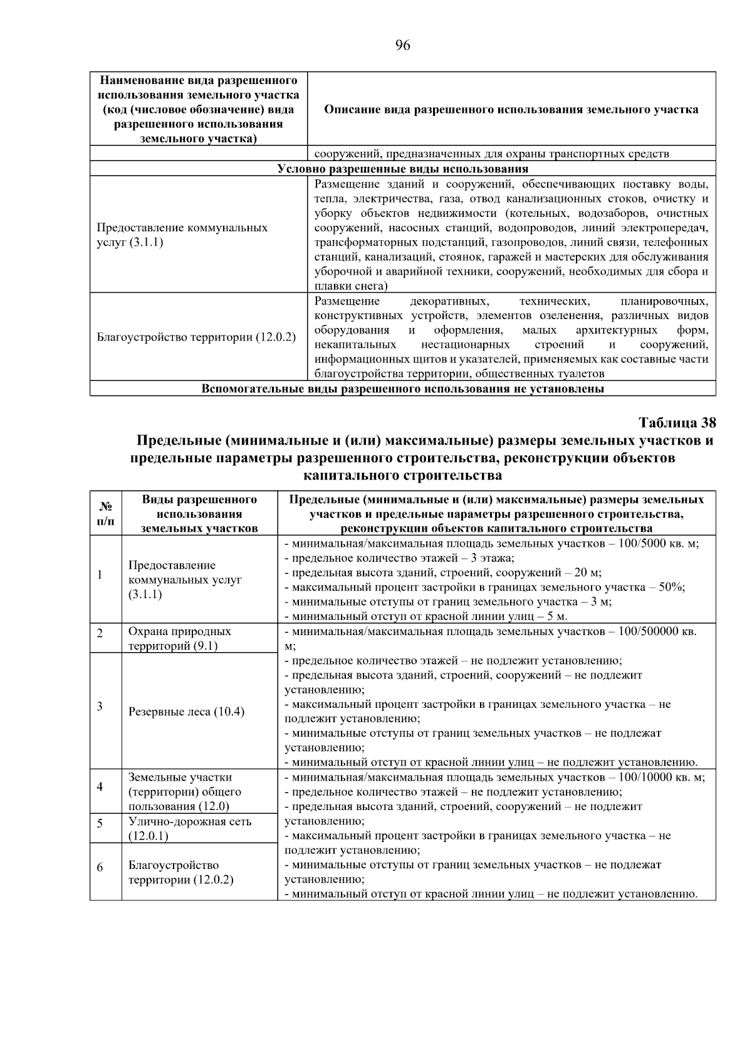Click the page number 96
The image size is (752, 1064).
coord(402,45)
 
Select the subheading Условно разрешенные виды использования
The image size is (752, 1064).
coord(402,169)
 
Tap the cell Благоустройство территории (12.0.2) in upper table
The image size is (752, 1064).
coord(196,337)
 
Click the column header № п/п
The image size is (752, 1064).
coord(105,513)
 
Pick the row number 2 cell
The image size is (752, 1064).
coord(100,633)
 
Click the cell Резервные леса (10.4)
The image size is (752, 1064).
coord(186,712)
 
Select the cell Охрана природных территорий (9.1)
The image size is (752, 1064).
coord(179,638)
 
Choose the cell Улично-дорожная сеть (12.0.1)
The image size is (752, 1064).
coord(189,828)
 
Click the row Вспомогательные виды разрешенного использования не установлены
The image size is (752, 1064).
coord(402,389)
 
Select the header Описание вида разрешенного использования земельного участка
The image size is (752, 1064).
coord(511,110)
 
